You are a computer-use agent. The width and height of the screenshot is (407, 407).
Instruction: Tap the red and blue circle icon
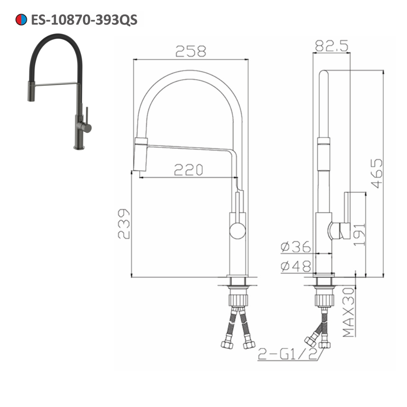[21, 19]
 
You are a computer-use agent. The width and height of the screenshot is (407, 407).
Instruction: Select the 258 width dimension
[191, 51]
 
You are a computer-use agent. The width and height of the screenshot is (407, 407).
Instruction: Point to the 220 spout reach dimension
[188, 170]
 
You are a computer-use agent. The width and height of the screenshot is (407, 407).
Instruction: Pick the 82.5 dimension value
[331, 46]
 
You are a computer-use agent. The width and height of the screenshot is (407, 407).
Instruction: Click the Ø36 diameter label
[296, 246]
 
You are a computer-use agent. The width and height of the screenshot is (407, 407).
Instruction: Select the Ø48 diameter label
[296, 266]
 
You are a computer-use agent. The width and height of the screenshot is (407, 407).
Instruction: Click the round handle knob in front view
[237, 231]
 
